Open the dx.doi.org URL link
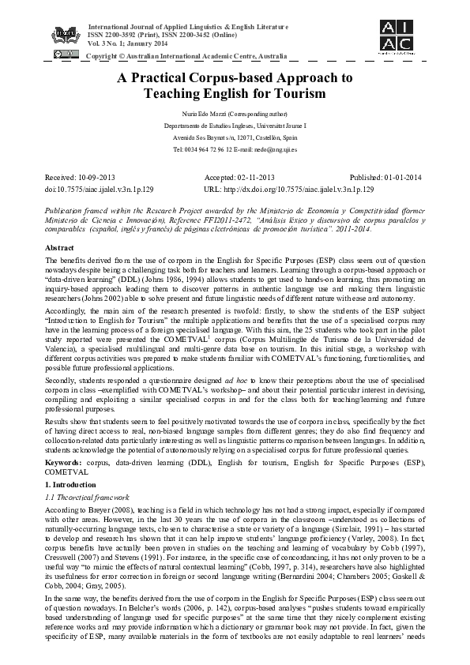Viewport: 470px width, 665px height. point(300,190)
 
